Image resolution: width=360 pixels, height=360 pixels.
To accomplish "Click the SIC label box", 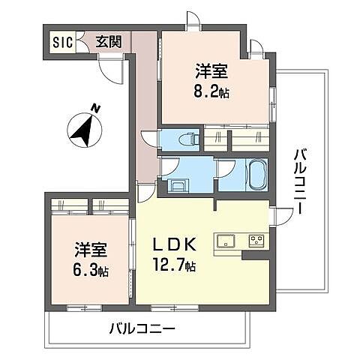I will (x=62, y=42).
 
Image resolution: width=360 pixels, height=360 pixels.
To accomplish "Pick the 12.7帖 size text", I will (x=175, y=265).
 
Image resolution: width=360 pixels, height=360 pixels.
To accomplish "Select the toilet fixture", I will (x=188, y=139).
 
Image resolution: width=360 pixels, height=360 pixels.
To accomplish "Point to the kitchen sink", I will (x=226, y=241).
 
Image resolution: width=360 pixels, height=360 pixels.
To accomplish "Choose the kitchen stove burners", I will (x=256, y=241).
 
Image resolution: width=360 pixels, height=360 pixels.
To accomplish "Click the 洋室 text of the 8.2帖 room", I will (x=212, y=72).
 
